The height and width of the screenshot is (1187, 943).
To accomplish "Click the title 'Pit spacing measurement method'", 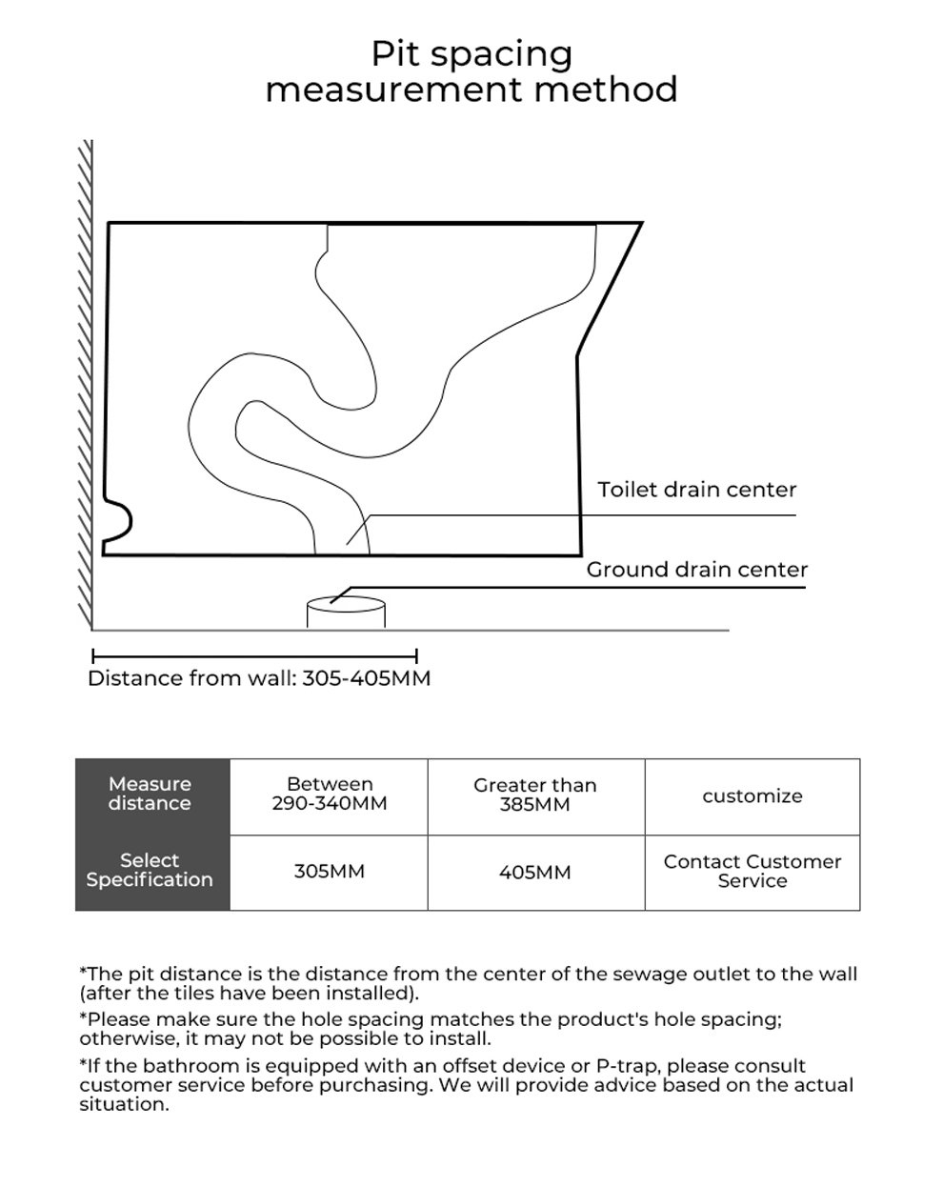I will click(471, 71).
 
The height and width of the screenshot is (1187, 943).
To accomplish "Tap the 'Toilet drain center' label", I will click(696, 490).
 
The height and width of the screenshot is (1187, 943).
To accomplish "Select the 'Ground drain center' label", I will click(696, 570).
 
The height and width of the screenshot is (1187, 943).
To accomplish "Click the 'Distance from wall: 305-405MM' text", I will click(259, 678).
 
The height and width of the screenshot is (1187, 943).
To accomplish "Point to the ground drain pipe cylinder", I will click(346, 612).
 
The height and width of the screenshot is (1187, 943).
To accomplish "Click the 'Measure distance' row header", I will click(150, 794).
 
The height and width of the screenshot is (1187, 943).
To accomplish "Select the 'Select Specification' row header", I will click(150, 870).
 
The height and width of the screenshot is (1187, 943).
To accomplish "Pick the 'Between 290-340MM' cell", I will click(330, 794).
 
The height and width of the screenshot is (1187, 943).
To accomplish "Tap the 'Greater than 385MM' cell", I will click(535, 795).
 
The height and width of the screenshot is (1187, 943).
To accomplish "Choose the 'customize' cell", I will click(752, 796).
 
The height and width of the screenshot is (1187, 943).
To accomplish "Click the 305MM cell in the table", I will click(330, 872).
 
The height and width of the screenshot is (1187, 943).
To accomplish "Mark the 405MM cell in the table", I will click(535, 872).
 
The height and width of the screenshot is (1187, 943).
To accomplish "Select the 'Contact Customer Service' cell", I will click(752, 871).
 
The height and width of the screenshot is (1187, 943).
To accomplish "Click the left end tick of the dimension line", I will click(93, 655).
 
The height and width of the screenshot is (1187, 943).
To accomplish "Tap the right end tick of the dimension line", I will click(416, 655).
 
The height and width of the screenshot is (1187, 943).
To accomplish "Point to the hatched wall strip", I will click(86, 381).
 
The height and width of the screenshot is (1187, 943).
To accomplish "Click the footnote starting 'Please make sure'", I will click(431, 1029).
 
